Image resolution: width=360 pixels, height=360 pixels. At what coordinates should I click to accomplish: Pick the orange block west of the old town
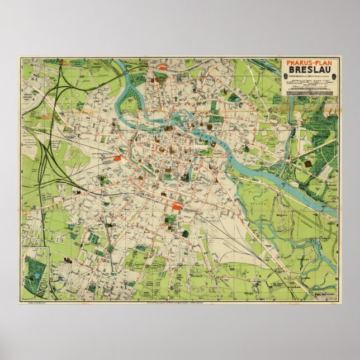(118, 158)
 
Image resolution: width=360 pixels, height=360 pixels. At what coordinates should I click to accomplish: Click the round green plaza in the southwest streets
(110, 249)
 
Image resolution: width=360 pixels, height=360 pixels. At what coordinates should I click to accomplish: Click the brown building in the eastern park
(309, 163)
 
